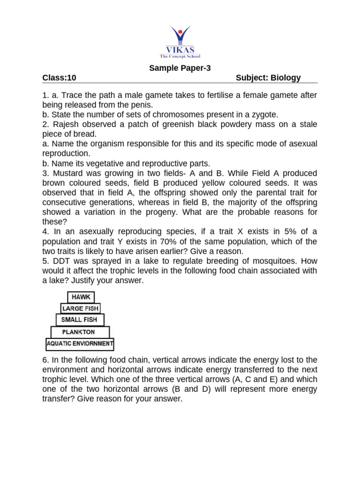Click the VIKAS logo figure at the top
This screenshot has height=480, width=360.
pos(180,36)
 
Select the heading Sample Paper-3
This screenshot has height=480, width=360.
pos(180,68)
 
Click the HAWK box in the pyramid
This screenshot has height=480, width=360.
pos(82,297)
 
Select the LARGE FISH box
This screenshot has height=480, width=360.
pos(80,308)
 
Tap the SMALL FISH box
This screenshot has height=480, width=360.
pos(80,320)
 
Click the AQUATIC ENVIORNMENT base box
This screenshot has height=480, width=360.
pos(80,345)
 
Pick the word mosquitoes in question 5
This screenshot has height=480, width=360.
pos(276,261)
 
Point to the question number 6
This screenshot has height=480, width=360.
pos(45,360)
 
